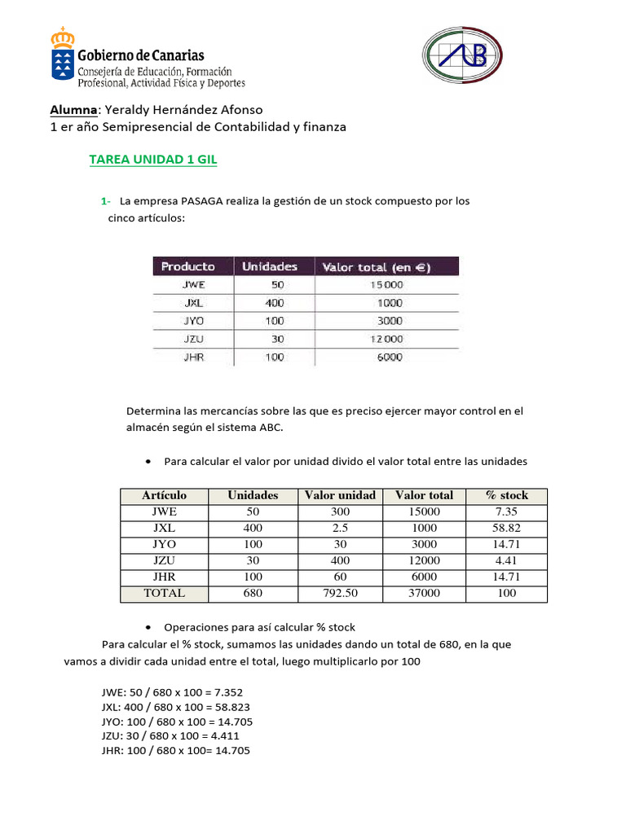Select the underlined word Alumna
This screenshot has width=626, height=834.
(74, 110)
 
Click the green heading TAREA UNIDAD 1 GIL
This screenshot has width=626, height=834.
(152, 160)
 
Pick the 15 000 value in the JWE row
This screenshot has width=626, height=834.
(385, 285)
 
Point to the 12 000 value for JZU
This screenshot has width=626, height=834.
(385, 339)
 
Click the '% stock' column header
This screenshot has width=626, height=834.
(506, 495)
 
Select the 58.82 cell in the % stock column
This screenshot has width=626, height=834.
(506, 528)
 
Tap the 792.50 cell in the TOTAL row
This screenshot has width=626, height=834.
(340, 593)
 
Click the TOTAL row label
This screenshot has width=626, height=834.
(164, 593)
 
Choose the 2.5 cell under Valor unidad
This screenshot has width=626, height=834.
(340, 528)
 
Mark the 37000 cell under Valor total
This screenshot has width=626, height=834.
(424, 593)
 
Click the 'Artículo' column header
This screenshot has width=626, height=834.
(164, 495)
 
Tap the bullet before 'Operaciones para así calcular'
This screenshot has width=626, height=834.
(148, 628)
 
